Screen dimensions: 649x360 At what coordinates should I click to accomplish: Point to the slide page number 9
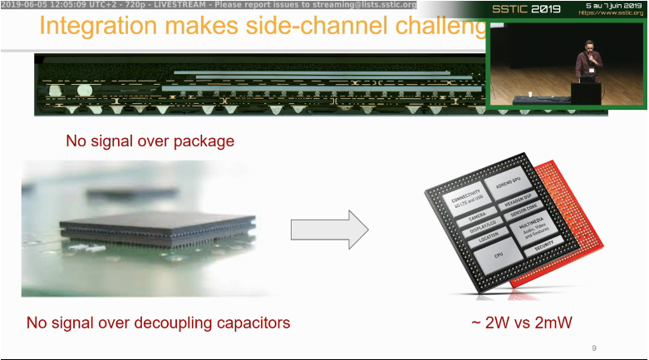point(593,348)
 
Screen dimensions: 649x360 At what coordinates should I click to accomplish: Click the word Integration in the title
point(98,25)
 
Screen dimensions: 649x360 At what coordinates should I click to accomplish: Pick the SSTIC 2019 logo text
point(525,9)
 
